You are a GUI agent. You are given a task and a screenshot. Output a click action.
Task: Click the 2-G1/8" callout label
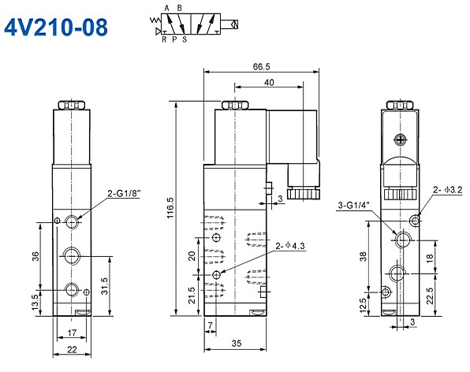(123, 192)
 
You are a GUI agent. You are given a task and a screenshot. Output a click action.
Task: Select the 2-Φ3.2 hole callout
(447, 190)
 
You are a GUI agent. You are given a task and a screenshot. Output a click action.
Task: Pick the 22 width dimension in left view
(71, 350)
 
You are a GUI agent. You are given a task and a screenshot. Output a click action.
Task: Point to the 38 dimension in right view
(362, 255)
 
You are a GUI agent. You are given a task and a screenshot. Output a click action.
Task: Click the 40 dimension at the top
(269, 82)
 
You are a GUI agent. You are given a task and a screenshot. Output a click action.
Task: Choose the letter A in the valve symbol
(166, 7)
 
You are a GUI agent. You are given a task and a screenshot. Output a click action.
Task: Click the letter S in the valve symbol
(185, 38)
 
